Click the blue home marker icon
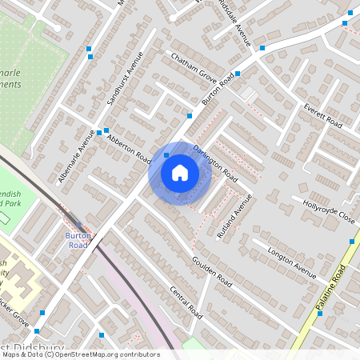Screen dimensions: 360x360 180,172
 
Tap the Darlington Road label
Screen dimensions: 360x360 215,160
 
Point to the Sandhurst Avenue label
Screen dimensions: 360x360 125,79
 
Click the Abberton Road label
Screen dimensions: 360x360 128,145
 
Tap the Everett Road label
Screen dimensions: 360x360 322,115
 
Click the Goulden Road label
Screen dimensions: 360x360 212,272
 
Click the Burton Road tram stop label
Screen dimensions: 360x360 77,240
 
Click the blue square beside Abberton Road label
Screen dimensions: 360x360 106,130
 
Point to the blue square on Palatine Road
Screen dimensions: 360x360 352,241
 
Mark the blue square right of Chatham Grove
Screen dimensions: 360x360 238,72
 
